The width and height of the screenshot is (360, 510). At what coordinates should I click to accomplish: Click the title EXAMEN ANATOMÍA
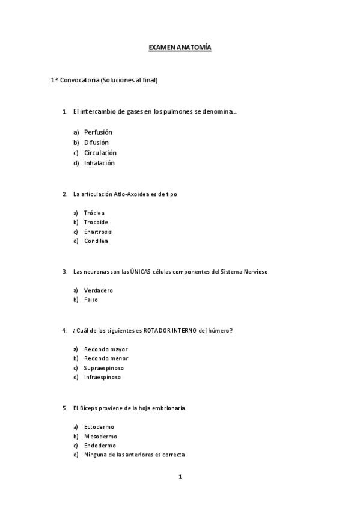coord(180,47)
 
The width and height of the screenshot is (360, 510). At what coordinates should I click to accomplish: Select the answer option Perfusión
coord(98,132)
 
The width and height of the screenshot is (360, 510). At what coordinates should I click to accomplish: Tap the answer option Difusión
coord(96,143)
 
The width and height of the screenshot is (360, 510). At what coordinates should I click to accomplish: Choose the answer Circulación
coord(100,153)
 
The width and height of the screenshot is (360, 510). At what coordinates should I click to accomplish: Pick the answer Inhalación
coord(99,163)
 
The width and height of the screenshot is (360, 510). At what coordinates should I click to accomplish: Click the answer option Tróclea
coord(94,213)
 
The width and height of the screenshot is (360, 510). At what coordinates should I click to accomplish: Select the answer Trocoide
coord(96,222)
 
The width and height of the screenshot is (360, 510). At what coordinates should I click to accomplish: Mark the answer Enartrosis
coord(98,232)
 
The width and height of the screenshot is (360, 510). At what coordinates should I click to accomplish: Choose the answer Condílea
coord(96,241)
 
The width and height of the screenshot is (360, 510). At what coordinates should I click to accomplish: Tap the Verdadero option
coord(99,290)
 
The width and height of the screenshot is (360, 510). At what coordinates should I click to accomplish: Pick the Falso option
coord(91,300)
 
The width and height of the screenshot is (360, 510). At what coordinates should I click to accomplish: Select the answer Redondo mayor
coord(106,349)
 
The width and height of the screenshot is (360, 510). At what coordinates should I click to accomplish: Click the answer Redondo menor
coord(106,358)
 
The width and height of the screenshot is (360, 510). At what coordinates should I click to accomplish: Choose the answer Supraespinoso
coord(104,368)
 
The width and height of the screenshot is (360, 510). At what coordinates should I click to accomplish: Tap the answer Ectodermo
coord(99,427)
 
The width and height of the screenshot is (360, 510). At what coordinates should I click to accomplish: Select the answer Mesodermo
coord(100,436)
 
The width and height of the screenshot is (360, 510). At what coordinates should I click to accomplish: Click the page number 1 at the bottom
coord(180,477)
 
